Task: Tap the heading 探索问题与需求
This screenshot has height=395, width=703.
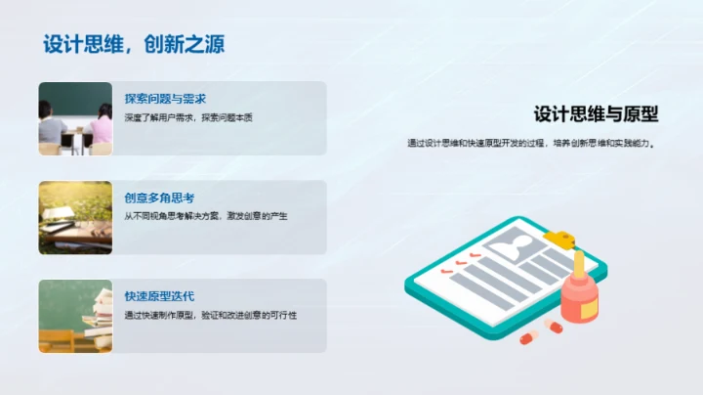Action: click(x=165, y=99)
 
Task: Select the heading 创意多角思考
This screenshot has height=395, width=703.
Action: click(x=159, y=197)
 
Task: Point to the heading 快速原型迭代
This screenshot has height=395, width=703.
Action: click(x=159, y=296)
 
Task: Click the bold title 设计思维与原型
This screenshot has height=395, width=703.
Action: click(x=596, y=115)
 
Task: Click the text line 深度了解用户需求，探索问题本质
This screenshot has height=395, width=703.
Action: click(x=188, y=118)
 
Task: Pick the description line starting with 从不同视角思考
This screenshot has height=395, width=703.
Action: click(x=206, y=216)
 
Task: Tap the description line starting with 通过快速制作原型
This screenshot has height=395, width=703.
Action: click(x=210, y=315)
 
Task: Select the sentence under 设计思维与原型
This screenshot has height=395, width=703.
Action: click(x=531, y=144)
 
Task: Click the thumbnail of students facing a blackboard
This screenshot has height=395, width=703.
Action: click(x=75, y=118)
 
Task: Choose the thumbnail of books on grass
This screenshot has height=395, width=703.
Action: click(x=75, y=217)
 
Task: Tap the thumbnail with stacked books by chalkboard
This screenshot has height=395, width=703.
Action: click(x=75, y=316)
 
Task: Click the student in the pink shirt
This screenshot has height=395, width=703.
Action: click(x=100, y=127)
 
